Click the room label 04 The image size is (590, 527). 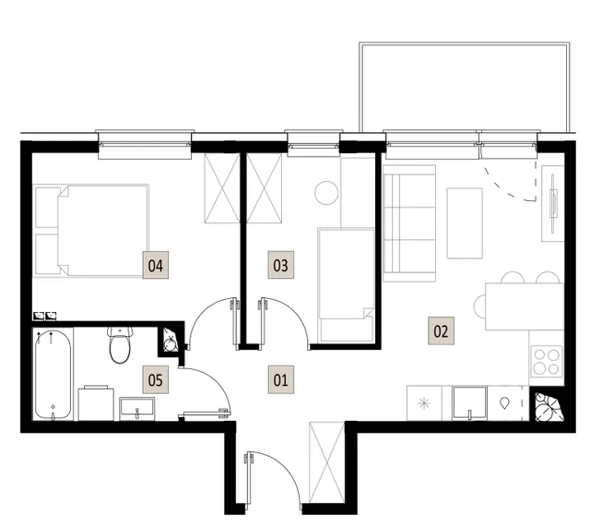pos(156,265)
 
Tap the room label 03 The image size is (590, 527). pos(280,265)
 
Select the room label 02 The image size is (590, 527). pos(441,330)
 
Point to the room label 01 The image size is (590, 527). pos(280,379)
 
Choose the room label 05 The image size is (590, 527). pos(156,379)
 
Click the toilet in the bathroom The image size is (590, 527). pos(120,345)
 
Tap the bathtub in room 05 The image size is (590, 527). pos(53,374)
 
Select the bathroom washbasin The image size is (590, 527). pos(137,409)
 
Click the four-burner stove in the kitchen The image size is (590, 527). pos(547,362)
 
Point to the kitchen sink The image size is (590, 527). pos(469,402)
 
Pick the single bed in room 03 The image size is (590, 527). pos(347,285)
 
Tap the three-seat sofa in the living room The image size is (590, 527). pos(409,223)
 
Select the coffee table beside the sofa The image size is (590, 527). pos(465,223)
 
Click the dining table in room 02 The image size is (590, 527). pos(525,306)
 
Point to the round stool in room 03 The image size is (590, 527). pos(326,193)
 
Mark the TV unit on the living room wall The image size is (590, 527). pos(553,203)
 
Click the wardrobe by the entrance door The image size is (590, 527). pos(326,462)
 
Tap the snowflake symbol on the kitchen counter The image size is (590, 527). pos(424,404)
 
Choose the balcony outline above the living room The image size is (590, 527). pos(465,44)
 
